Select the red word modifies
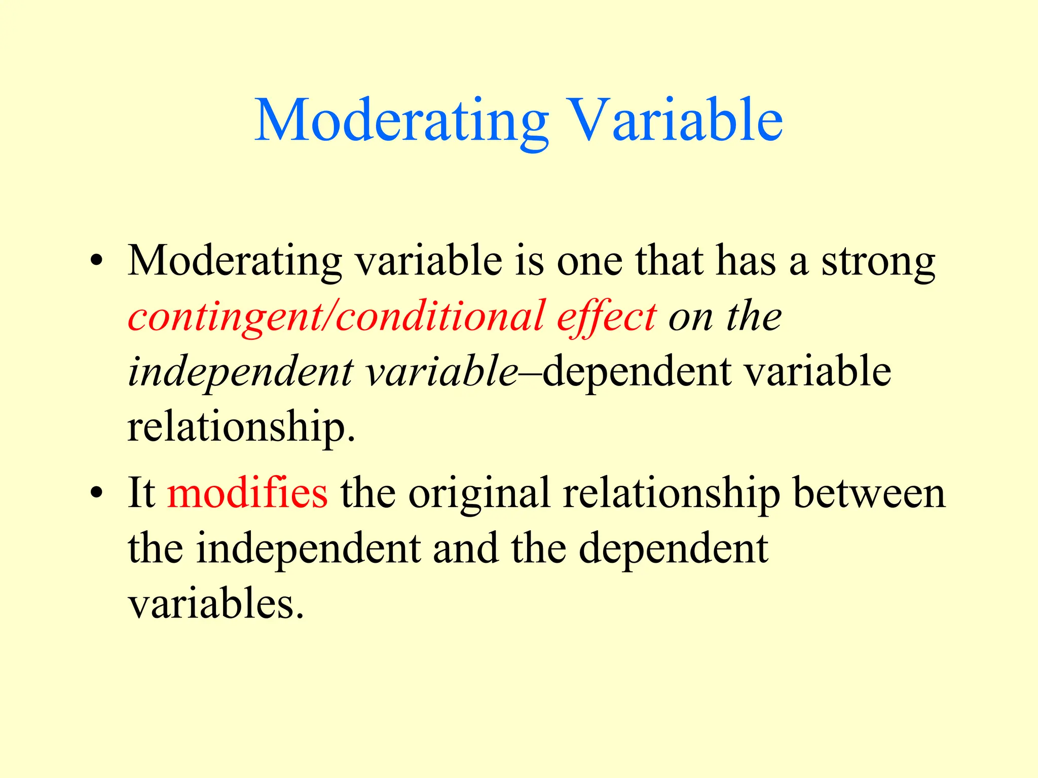247,493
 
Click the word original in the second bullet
479,493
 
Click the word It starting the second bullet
141,493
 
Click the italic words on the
725,318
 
